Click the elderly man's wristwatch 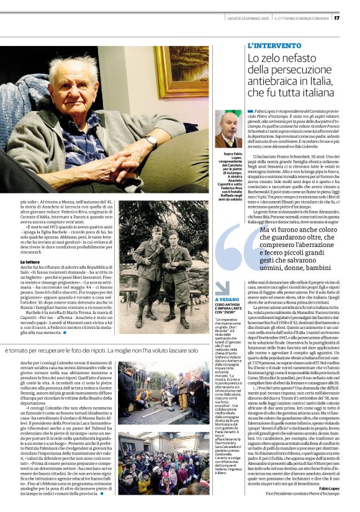[151, 141]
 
